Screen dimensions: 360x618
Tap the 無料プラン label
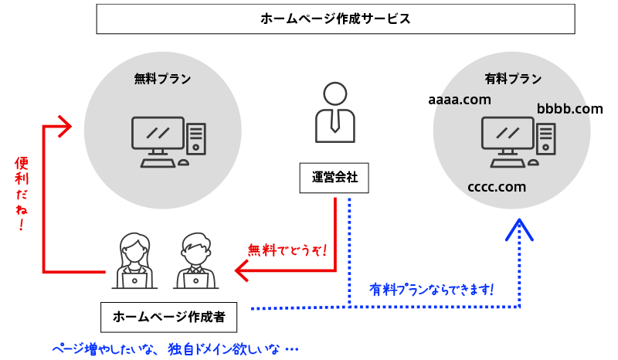pos(162,78)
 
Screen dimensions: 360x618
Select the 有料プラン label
pos(512,78)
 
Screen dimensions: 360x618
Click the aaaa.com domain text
pos(460,100)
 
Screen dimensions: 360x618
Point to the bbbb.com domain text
pos(569,109)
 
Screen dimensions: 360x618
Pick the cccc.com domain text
pos(497,187)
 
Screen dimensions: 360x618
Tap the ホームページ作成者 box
pos(168,316)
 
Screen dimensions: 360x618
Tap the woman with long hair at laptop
pos(135,261)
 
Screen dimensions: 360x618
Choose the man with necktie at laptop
pos(196,261)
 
